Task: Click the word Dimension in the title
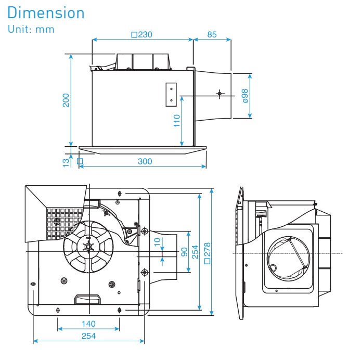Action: [46, 12]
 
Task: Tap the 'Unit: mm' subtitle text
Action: [31, 29]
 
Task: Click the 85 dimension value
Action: [212, 35]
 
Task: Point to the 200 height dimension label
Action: [66, 100]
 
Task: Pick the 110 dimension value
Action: [177, 121]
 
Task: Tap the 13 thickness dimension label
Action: [66, 162]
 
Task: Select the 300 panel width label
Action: [145, 161]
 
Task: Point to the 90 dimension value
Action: [184, 251]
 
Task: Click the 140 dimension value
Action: [88, 324]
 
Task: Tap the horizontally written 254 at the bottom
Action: [88, 336]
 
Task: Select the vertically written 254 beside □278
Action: [195, 252]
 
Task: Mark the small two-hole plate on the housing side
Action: [171, 95]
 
